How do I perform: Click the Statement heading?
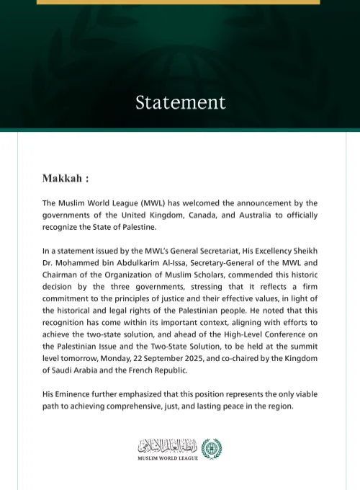(180, 102)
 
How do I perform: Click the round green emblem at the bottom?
(212, 448)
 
